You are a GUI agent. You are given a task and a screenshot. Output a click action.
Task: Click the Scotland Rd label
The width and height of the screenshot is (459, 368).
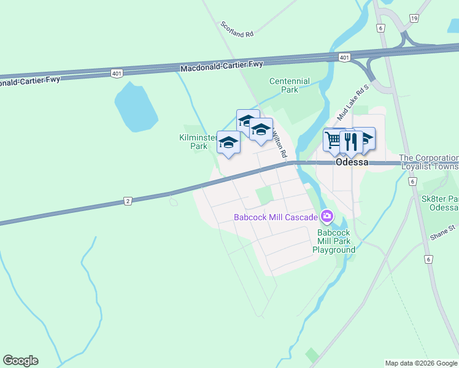click(x=237, y=30)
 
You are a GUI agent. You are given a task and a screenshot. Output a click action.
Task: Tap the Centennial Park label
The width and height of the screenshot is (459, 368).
click(x=290, y=85)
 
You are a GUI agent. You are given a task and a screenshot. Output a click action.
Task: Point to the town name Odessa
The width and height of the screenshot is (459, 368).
click(x=352, y=163)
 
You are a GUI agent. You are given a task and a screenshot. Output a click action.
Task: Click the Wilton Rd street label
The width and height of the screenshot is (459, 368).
click(x=279, y=145)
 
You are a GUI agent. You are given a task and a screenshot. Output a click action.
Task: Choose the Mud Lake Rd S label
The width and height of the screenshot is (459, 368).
click(x=352, y=102)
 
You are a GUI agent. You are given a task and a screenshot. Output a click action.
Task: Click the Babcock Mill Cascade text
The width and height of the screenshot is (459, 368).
click(x=276, y=217)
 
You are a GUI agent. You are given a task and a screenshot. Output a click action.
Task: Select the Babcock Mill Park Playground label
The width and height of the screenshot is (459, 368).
click(x=334, y=241)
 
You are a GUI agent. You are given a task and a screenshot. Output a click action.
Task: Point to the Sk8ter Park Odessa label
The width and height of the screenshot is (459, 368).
click(x=440, y=203)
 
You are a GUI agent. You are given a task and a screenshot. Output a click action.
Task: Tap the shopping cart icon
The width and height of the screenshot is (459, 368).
click(x=333, y=139)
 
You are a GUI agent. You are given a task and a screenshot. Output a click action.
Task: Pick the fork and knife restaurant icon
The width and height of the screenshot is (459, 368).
click(x=350, y=142)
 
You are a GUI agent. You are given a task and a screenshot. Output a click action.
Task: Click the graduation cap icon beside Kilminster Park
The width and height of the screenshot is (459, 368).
click(x=228, y=143)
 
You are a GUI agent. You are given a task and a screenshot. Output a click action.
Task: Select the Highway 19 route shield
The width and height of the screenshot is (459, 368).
click(x=414, y=18)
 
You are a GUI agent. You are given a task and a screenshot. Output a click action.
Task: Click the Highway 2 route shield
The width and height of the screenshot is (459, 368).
click(x=128, y=201)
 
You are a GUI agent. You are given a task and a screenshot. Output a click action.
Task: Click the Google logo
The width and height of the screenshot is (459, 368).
click(x=20, y=361)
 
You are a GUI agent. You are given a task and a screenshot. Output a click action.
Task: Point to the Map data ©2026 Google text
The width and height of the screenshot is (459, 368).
click(x=421, y=363)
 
